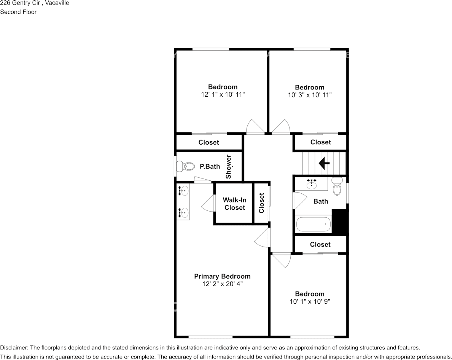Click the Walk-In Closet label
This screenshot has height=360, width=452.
click(235, 204)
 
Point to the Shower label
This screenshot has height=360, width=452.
click(228, 167)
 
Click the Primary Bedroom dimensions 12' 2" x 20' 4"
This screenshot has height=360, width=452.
click(222, 284)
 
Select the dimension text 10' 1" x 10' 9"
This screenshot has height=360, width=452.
click(310, 301)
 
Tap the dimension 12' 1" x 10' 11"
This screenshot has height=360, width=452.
click(223, 94)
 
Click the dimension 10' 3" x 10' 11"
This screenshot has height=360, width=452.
click(310, 95)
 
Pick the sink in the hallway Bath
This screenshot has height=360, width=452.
click(312, 184)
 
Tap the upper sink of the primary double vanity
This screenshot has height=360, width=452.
click(183, 190)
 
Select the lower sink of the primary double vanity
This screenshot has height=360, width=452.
click(183, 212)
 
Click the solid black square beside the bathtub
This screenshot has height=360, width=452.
click(340, 221)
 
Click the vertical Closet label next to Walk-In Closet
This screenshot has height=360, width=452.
click(261, 203)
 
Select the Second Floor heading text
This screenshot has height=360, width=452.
click(18, 12)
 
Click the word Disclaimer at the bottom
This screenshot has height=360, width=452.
click(14, 347)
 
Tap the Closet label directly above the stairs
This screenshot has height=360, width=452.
click(320, 142)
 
